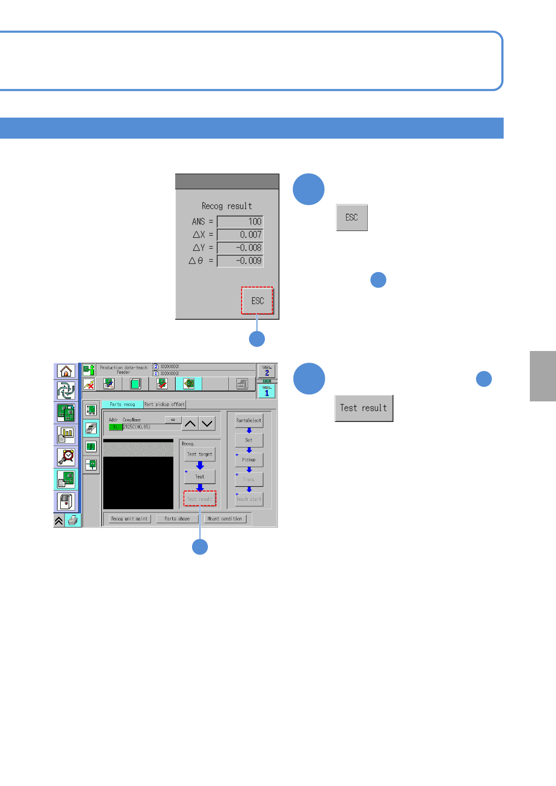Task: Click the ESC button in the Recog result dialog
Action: [x=257, y=301]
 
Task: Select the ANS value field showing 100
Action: [x=240, y=222]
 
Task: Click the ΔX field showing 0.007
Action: [x=240, y=235]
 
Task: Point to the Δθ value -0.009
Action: [x=240, y=261]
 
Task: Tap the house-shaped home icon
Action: [x=66, y=371]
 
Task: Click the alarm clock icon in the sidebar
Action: [x=66, y=456]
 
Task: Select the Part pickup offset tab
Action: [x=164, y=404]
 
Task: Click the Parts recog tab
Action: [x=122, y=404]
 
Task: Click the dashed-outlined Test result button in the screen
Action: [x=200, y=499]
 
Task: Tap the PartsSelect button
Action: [x=249, y=421]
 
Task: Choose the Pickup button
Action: [x=249, y=460]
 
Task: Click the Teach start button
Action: [x=249, y=499]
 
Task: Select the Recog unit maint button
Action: [x=129, y=519]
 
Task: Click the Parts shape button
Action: [x=177, y=519]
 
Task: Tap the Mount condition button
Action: [x=225, y=519]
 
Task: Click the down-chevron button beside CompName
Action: [x=207, y=424]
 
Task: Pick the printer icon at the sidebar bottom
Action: [x=73, y=520]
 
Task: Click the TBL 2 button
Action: [x=267, y=371]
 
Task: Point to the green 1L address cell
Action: [x=115, y=427]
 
